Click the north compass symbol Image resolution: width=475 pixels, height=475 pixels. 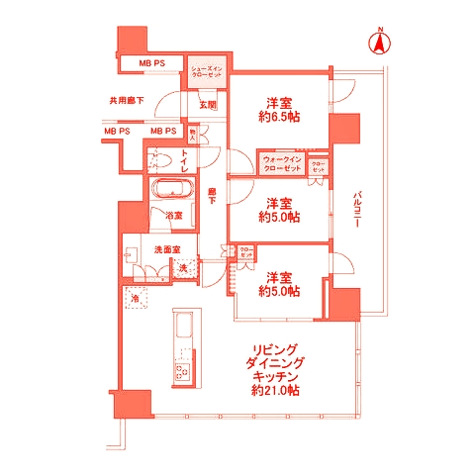tap(379, 44)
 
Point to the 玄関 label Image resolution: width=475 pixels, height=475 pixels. tap(208, 103)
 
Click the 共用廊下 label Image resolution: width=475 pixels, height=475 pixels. tap(126, 101)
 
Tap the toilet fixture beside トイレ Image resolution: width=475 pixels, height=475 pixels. tap(163, 158)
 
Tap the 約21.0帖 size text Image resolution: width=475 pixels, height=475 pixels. tap(276, 392)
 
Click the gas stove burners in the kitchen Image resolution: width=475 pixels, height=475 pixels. tap(182, 372)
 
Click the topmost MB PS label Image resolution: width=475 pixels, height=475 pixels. tap(150, 64)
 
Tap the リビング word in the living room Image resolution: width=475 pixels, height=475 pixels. tap(276, 349)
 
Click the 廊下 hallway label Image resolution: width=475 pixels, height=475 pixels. tap(213, 196)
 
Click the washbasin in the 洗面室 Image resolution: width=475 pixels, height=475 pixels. tap(132, 253)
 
